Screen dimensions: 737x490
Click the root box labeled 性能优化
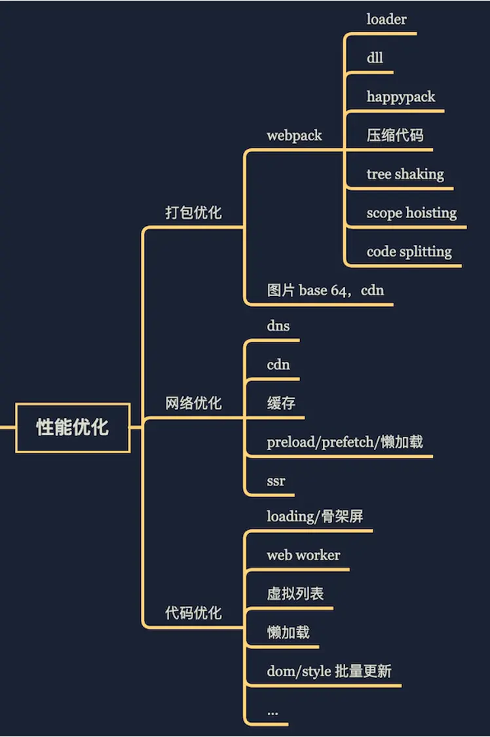point(73,428)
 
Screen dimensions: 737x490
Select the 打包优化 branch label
point(193,213)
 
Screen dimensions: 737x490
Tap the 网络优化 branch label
point(193,404)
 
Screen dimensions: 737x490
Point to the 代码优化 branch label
point(193,613)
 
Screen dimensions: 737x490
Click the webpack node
point(294,136)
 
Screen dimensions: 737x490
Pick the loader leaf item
point(386,19)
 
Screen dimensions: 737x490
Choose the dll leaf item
point(375,58)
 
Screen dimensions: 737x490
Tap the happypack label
point(400,97)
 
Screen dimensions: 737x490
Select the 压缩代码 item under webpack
point(395,136)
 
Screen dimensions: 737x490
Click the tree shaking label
point(405,174)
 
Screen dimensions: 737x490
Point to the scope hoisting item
point(411,213)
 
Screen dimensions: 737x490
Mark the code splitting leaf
point(409,252)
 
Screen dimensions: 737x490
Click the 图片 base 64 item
point(325,290)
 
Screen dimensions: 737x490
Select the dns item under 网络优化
point(278,326)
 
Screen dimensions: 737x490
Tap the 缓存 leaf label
point(281,404)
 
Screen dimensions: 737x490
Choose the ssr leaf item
point(276,481)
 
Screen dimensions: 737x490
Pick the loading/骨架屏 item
point(314,517)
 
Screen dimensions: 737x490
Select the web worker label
point(303,556)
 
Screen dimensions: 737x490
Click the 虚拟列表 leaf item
point(295,594)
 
